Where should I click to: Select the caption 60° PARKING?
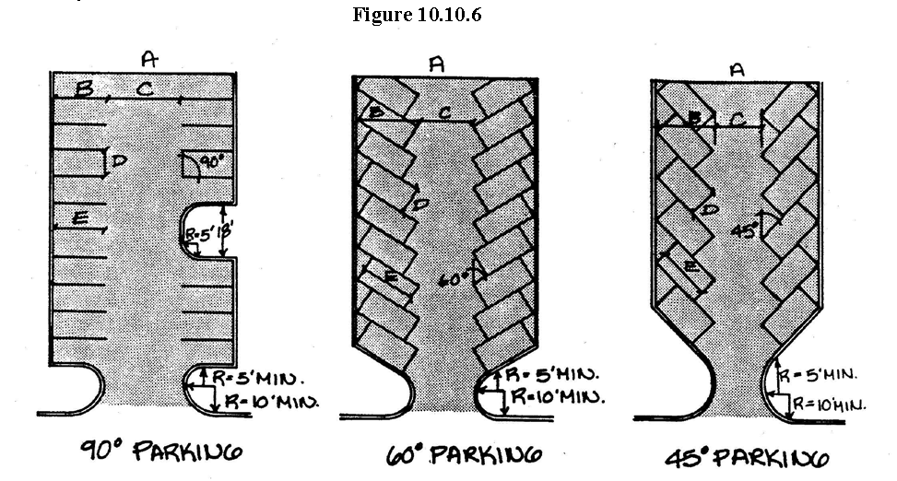point(463,454)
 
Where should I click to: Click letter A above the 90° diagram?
point(149,59)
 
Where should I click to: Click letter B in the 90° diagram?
point(84,88)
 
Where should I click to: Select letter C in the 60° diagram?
point(444,111)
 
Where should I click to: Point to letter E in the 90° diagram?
point(80,217)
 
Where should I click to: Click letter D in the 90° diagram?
point(118,162)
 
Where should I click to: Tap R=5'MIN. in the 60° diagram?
point(550,373)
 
